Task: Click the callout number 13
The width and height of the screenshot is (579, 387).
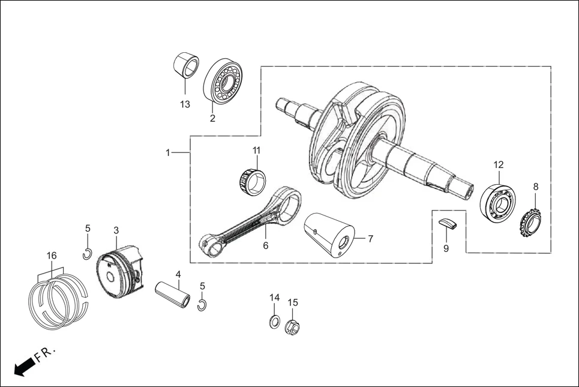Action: coord(185,104)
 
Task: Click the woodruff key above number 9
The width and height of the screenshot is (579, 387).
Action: coord(447,223)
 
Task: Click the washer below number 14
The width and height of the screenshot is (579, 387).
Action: coord(274,320)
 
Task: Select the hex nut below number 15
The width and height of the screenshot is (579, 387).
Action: coord(293,326)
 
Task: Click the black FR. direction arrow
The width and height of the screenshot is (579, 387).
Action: coord(23,366)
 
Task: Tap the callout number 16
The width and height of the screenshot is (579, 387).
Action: coord(52,256)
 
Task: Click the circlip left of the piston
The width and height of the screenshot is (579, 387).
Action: coord(87,253)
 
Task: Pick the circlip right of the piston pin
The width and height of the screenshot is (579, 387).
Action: coord(202,305)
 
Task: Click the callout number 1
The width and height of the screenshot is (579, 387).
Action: coord(168,153)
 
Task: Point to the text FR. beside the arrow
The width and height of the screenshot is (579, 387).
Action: coord(46,354)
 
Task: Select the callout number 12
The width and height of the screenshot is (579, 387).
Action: coord(499,164)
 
